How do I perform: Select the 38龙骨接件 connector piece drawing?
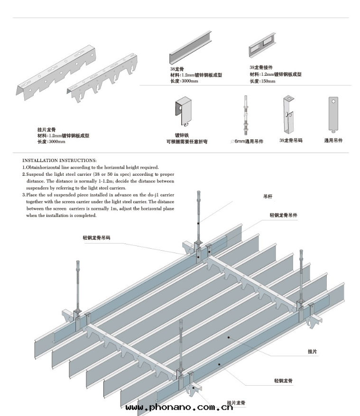click(x=262, y=46)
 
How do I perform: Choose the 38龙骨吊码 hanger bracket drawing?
click(x=288, y=116)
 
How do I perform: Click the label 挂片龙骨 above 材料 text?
click(x=46, y=130)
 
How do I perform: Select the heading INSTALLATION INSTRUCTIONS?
click(x=59, y=161)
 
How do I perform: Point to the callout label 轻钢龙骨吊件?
click(x=284, y=215)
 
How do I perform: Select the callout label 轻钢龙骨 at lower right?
click(x=283, y=380)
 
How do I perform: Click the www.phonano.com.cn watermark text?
click(x=179, y=407)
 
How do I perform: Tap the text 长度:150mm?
click(x=262, y=81)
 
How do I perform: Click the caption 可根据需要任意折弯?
click(x=186, y=141)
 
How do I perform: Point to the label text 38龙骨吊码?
click(x=290, y=141)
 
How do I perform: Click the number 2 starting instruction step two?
click(x=24, y=174)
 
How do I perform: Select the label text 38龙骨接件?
click(x=261, y=68)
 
